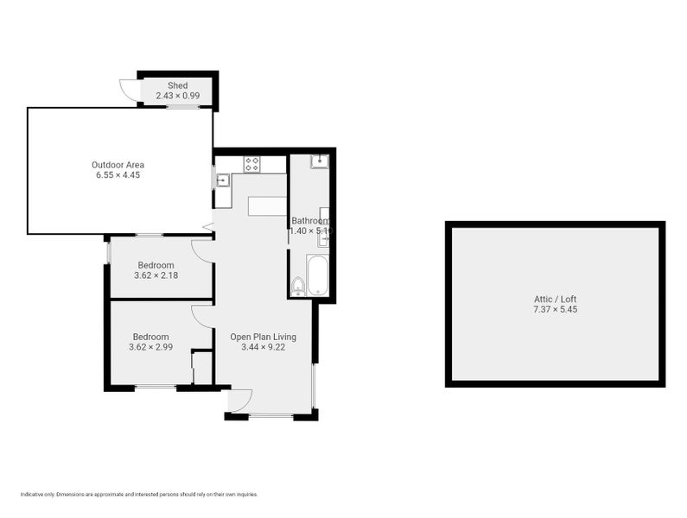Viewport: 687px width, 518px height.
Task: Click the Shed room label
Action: coord(177,85)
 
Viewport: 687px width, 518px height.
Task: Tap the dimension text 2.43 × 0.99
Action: coord(177,96)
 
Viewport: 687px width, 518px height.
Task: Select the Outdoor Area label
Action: coord(118,165)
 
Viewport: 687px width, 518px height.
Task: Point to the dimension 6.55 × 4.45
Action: coord(118,175)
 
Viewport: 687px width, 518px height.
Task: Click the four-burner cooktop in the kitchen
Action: coord(252,162)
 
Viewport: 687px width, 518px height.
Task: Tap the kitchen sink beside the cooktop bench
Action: coord(222,180)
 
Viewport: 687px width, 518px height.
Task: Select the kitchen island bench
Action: coord(267,205)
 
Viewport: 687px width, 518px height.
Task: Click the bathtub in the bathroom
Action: coord(318,275)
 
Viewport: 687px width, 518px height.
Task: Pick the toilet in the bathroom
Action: coord(298,286)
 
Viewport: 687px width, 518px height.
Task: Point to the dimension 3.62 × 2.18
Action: coord(155,275)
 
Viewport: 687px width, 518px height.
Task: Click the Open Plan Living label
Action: coord(263,337)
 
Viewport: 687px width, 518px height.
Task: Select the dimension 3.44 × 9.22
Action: coord(263,347)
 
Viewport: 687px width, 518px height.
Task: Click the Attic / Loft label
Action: coord(555,299)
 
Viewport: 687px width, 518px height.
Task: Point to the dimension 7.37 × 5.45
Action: coord(555,309)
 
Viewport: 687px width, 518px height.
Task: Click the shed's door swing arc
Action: coord(127,91)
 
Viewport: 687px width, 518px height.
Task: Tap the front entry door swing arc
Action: coord(239,400)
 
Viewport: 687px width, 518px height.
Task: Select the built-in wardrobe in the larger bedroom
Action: coord(202,368)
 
